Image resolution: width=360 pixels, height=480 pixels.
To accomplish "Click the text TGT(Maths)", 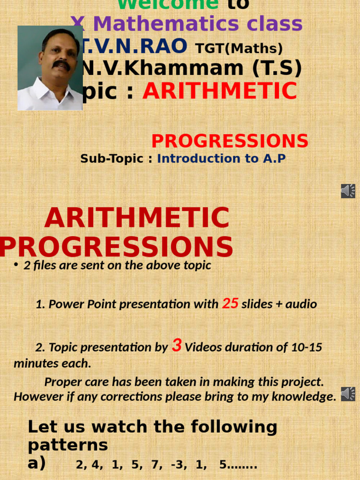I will click(x=239, y=48).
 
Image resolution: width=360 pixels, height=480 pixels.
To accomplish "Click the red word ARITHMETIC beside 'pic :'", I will click(x=220, y=91).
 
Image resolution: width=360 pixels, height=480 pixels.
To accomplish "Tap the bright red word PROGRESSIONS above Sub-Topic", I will click(x=230, y=141).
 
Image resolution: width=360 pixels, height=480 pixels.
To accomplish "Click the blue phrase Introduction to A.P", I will click(x=221, y=158).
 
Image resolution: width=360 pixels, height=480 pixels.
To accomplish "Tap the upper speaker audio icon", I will click(x=348, y=191).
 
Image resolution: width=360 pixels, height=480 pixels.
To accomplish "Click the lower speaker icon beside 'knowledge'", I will click(x=348, y=394).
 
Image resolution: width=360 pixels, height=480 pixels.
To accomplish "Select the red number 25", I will click(x=230, y=303).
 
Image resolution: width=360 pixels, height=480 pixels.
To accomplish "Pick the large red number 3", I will click(x=177, y=346).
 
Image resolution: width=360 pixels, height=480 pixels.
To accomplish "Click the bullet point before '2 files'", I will click(x=16, y=265).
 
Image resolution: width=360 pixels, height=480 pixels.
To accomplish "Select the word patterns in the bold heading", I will click(x=67, y=444).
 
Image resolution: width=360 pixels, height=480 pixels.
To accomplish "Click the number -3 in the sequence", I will click(x=177, y=465).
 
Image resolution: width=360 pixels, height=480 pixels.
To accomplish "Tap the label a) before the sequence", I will click(x=37, y=464).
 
